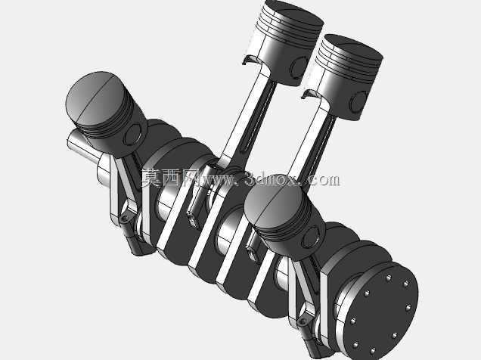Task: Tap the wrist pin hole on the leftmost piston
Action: (x=133, y=135)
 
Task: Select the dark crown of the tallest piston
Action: (x=293, y=12)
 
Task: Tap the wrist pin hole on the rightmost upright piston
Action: (x=358, y=101)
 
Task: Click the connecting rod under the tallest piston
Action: (x=245, y=116)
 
